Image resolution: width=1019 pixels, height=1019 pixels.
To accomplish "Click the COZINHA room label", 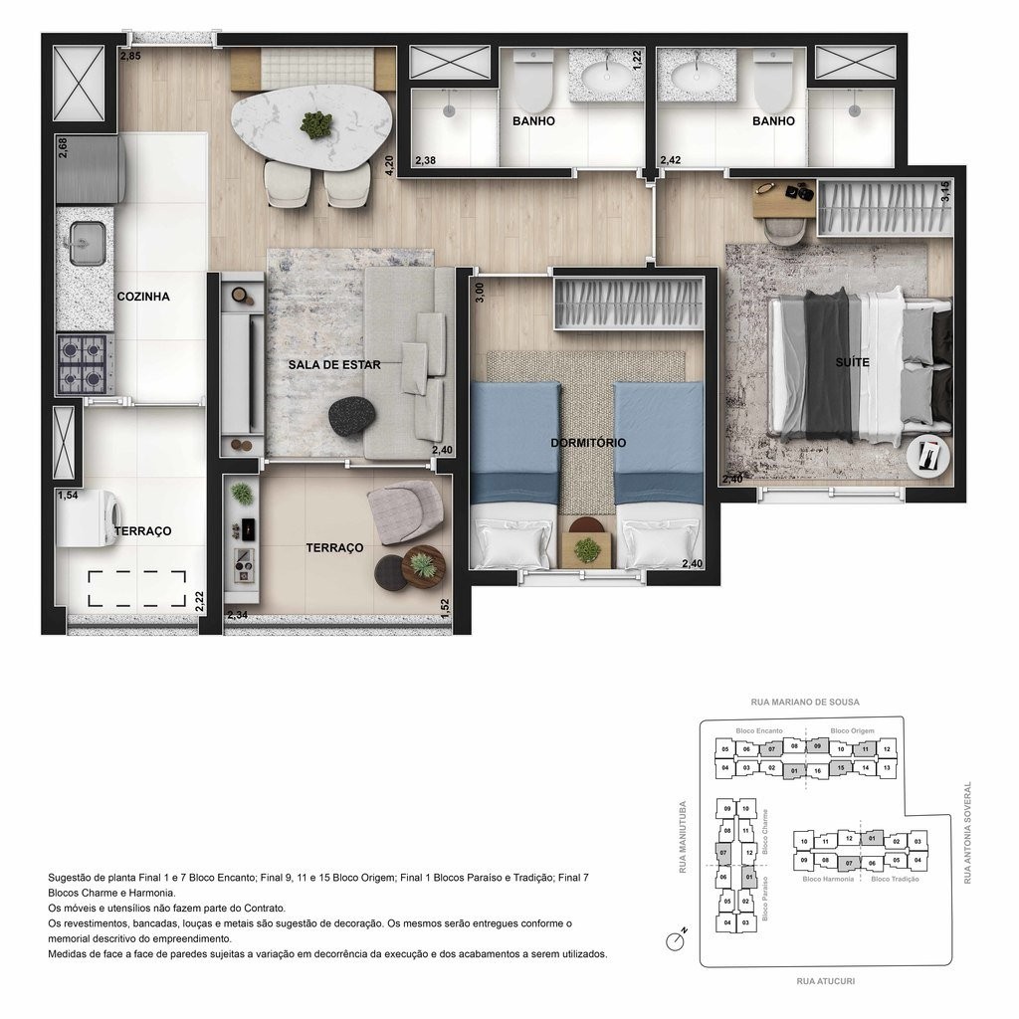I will click(143, 297).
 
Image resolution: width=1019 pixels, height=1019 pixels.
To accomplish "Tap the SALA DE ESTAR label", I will click(334, 365).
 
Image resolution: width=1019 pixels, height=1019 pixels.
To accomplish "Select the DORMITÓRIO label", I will click(588, 443).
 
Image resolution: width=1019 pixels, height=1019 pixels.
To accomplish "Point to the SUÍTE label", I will click(853, 362).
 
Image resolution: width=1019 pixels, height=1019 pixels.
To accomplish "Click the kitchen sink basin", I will click(87, 243).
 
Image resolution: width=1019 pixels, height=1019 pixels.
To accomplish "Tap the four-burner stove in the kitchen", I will click(84, 365).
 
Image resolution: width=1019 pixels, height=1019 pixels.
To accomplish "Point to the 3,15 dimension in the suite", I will click(945, 192).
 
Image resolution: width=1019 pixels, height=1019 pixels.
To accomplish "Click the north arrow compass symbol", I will click(678, 937).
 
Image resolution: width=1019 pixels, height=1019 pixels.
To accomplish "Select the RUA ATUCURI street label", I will click(826, 981).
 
